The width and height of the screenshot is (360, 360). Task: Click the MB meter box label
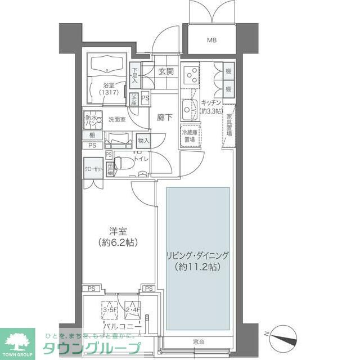(211, 40)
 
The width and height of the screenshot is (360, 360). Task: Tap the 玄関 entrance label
(165, 71)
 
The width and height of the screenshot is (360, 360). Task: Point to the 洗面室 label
(116, 119)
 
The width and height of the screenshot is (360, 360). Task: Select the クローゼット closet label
(93, 168)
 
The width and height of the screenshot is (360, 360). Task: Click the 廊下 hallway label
(165, 119)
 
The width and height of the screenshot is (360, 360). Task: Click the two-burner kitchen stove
(191, 74)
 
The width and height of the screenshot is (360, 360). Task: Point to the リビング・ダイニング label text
(197, 255)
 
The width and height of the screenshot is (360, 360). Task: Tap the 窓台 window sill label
(197, 341)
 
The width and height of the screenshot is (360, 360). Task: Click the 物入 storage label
(143, 140)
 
